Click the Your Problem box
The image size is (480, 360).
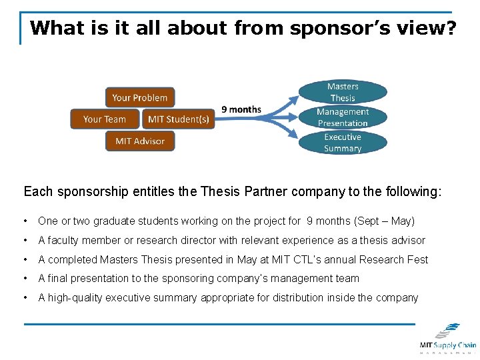[140, 97]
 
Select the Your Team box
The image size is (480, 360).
[105, 119]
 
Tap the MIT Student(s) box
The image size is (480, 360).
[179, 119]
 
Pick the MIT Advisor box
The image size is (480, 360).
[140, 141]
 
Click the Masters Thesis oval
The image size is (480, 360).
[343, 92]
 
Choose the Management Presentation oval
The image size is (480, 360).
[343, 117]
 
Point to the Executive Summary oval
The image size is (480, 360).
[343, 143]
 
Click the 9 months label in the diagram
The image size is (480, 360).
[241, 109]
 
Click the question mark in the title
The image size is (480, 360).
[450, 28]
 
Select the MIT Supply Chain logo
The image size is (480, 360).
[447, 338]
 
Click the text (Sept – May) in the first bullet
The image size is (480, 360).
[385, 221]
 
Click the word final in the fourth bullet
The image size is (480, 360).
[59, 279]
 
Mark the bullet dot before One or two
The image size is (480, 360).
[25, 221]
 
